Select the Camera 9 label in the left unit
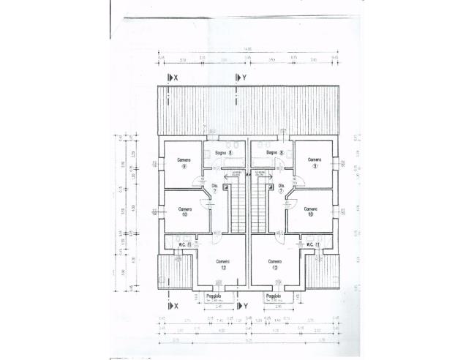tap(183, 162)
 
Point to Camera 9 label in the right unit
tap(315, 162)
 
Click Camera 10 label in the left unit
tap(184, 211)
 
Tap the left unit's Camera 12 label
tap(222, 264)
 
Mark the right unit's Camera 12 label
tap(275, 264)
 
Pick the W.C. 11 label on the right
tap(313, 244)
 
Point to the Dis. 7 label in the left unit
tap(215, 188)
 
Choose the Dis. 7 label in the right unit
tap(282, 188)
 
